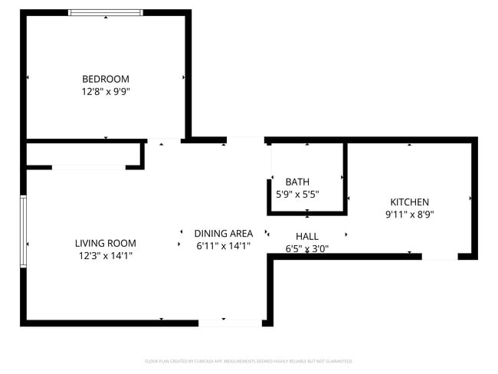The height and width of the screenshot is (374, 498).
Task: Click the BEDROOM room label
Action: coord(106,79)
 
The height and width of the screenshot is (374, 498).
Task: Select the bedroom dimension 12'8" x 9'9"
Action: coord(106,91)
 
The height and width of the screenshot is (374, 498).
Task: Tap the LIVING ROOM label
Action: coord(106,243)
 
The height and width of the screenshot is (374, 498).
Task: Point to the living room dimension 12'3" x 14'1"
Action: coord(106,255)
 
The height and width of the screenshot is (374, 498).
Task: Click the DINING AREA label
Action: coord(223,234)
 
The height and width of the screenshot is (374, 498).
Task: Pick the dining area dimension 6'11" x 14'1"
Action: coord(223,246)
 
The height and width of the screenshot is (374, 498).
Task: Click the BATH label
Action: coord(297,182)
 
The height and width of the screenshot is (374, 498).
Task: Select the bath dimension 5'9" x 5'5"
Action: coord(297,194)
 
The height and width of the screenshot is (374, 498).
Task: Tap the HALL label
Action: coord(306,237)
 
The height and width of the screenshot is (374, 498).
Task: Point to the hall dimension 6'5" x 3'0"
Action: coord(306,248)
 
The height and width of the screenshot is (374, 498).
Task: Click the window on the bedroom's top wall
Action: coord(106,12)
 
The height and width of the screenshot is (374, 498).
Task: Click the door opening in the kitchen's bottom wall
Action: coord(440,256)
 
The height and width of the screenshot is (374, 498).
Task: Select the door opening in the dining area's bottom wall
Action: coord(230,323)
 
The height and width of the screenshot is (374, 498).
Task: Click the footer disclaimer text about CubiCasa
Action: coord(249,361)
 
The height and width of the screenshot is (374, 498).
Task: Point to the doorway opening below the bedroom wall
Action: coord(164,141)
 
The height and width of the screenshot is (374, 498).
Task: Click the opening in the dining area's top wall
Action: coord(246,140)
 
